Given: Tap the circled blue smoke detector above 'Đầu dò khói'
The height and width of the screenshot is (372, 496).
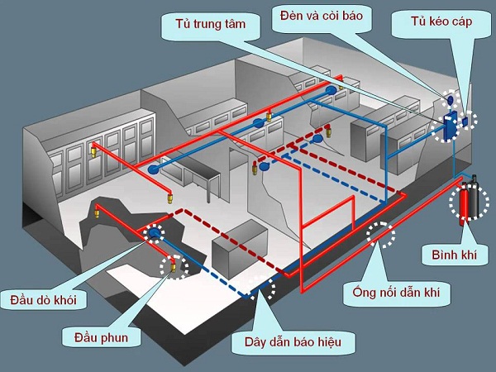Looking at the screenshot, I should coord(155,234).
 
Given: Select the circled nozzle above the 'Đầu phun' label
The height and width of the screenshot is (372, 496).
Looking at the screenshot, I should coord(174,265).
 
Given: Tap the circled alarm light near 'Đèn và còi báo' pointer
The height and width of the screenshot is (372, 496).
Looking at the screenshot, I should coord(451,98).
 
